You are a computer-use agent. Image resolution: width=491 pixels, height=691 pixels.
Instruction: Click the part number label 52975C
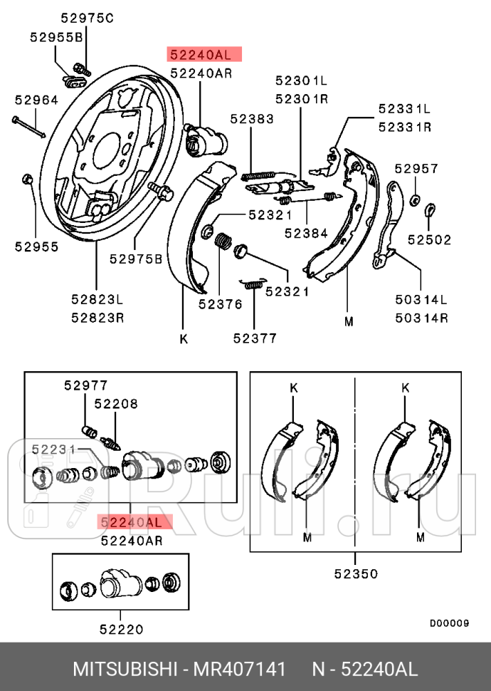click(x=87, y=18)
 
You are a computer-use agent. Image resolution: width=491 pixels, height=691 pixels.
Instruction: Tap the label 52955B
click(x=56, y=37)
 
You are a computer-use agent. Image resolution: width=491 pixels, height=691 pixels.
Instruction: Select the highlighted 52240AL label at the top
click(x=204, y=54)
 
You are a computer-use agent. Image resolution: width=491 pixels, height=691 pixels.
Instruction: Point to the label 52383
click(x=252, y=119)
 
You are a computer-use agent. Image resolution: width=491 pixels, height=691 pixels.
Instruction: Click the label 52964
click(x=36, y=100)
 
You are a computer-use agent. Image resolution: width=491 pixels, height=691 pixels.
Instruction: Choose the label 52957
click(x=416, y=169)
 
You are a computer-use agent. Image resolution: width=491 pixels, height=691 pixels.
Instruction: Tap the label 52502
click(x=429, y=240)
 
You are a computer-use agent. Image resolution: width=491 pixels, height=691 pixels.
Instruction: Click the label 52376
click(x=220, y=304)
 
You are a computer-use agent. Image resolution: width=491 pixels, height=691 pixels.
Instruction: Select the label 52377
click(x=255, y=338)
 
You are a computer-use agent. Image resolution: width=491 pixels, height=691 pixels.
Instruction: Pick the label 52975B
click(x=136, y=259)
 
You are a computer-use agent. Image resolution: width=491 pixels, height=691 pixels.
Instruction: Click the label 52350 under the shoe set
click(x=356, y=573)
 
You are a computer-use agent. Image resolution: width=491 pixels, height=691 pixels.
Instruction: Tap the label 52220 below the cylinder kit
click(x=122, y=629)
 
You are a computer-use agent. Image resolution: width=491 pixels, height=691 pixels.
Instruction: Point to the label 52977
click(x=86, y=385)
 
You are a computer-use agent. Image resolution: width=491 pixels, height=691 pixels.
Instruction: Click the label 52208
click(x=116, y=404)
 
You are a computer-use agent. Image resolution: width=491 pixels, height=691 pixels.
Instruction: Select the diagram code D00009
click(x=450, y=623)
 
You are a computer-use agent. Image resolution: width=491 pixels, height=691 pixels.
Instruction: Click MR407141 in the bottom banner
click(x=240, y=669)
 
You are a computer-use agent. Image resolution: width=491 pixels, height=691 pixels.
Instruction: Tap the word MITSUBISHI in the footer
click(x=125, y=669)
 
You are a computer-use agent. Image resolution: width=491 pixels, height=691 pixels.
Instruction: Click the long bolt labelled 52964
click(x=28, y=127)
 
